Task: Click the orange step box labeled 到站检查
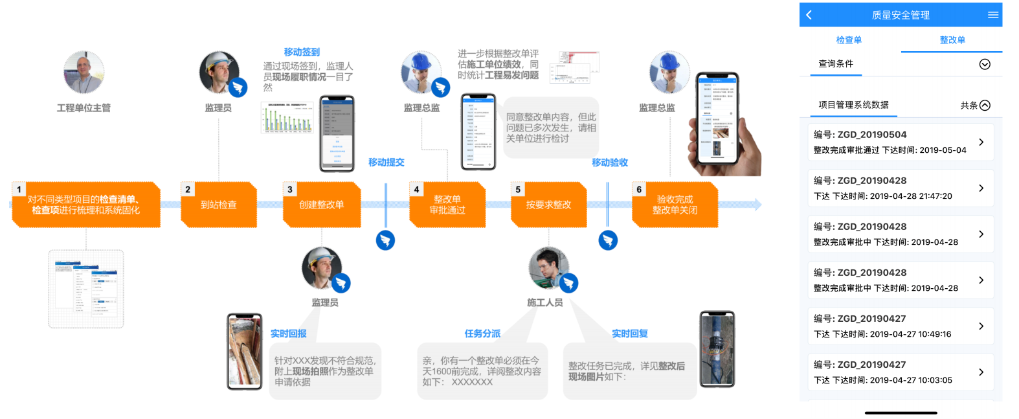pyautogui.click(x=219, y=205)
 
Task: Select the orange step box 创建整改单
pyautogui.click(x=322, y=205)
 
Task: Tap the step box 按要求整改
pyautogui.click(x=548, y=205)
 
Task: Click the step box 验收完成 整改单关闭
pyautogui.click(x=675, y=205)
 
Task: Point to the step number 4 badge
pyautogui.click(x=416, y=190)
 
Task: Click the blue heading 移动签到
pyautogui.click(x=302, y=52)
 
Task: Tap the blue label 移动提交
pyautogui.click(x=386, y=163)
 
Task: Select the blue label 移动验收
pyautogui.click(x=610, y=163)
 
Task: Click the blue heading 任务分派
pyautogui.click(x=482, y=334)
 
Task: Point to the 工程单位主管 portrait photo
pyautogui.click(x=84, y=72)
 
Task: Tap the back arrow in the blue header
pyautogui.click(x=809, y=15)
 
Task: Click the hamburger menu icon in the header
pyautogui.click(x=992, y=15)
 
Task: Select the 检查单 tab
pyautogui.click(x=849, y=40)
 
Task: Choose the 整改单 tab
pyautogui.click(x=952, y=40)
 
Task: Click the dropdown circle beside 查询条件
pyautogui.click(x=985, y=64)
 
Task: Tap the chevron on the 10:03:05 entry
pyautogui.click(x=981, y=372)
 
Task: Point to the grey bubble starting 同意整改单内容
pyautogui.click(x=551, y=128)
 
